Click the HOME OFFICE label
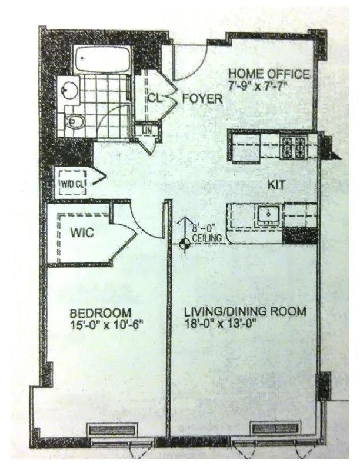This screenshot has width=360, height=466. [269, 74]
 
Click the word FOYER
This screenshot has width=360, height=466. [202, 98]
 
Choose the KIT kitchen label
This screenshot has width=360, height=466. [276, 185]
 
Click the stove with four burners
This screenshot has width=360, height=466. [293, 146]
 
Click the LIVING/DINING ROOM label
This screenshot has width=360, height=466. [244, 311]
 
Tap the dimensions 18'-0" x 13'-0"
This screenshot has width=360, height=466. [221, 323]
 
